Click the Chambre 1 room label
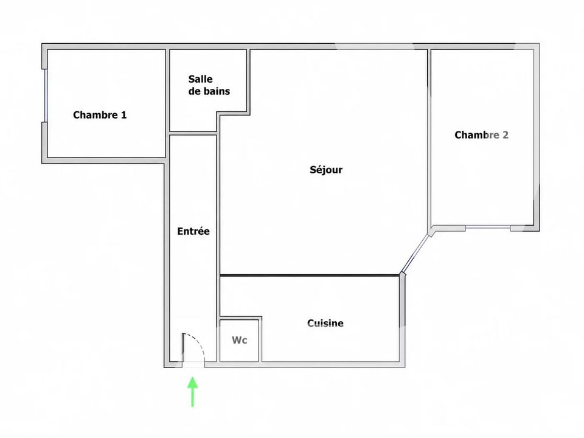[100, 115]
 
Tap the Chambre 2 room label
[481, 135]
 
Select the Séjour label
[326, 170]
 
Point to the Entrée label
[193, 231]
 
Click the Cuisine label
[325, 323]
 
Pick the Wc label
[240, 340]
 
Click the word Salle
[200, 79]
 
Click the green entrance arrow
[193, 392]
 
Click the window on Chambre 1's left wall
[45, 96]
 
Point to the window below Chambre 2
[487, 227]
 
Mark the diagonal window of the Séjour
[414, 253]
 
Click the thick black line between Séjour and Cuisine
[310, 275]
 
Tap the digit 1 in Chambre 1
[124, 115]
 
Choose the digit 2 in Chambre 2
[506, 135]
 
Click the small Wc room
[239, 341]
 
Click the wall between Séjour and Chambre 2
[429, 138]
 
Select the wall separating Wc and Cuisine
[260, 339]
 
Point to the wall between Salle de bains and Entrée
[193, 133]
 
